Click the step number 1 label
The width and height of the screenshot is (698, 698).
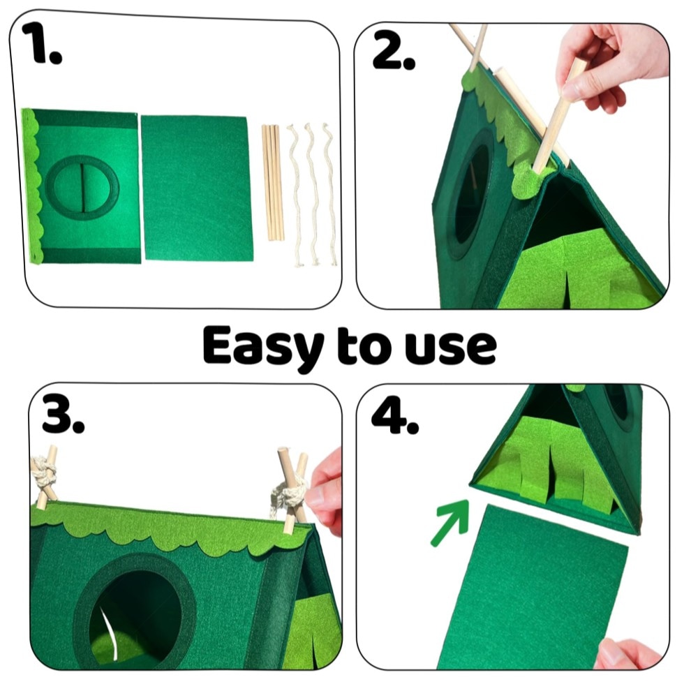41,43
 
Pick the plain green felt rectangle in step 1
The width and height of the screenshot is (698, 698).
196,188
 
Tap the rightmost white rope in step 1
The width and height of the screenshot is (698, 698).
330,194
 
